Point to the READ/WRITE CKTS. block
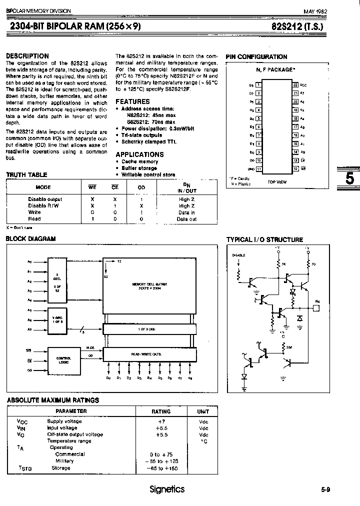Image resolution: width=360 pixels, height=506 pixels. [x=148, y=354]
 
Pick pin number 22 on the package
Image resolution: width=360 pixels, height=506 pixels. [x=295, y=85]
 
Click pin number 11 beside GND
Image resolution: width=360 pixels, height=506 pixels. [x=258, y=168]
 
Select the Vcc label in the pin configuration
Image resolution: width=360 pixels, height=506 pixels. [x=303, y=85]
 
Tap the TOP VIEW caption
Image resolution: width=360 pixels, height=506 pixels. [x=276, y=182]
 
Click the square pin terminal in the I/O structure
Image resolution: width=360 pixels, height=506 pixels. [x=317, y=308]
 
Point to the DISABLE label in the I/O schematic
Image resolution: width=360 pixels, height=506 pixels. [x=239, y=255]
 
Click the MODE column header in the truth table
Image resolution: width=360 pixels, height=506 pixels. [x=43, y=187]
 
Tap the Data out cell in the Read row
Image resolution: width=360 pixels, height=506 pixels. [x=186, y=219]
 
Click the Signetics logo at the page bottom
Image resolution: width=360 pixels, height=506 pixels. [x=167, y=489]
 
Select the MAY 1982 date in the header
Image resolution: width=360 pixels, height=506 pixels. [x=315, y=11]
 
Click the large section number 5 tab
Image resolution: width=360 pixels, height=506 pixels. [x=350, y=179]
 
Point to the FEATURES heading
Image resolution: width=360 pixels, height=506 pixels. [x=132, y=101]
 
